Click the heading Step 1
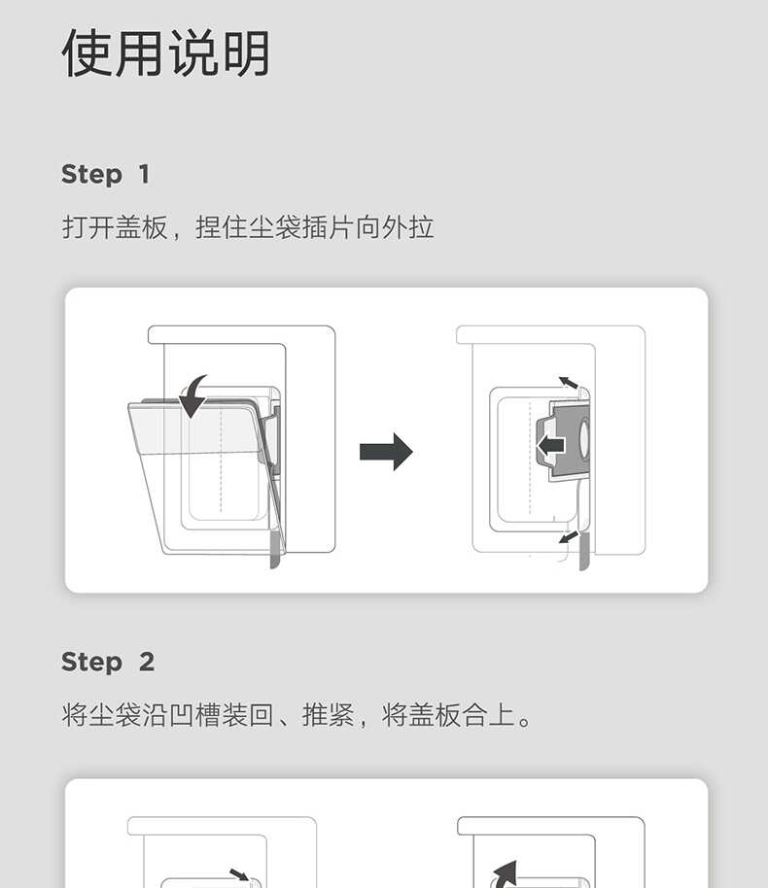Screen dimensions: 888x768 (105, 175)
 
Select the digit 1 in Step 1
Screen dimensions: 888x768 (144, 175)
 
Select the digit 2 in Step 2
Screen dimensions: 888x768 (147, 663)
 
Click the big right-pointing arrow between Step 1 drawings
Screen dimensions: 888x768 (386, 452)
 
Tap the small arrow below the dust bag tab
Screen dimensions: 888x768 (569, 535)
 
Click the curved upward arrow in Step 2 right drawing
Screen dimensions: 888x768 (504, 872)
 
